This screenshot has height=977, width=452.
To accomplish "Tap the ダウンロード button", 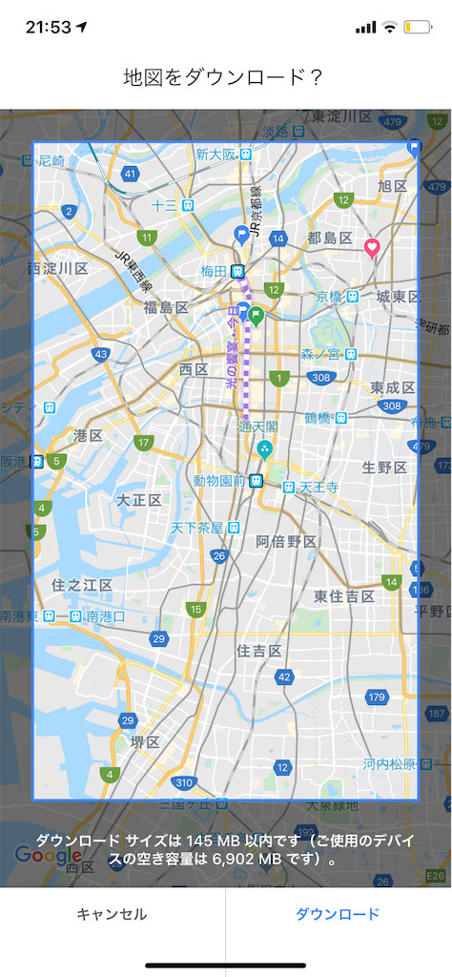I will point(338,914).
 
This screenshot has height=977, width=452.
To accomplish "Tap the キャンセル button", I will point(112,914).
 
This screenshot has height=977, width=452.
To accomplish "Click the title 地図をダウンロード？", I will point(225,78).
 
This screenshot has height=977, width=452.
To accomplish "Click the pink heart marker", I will point(372,248).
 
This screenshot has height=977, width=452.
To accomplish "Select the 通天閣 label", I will point(257,426).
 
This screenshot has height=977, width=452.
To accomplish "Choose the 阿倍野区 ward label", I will point(286,542).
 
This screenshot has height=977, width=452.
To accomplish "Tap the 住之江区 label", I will point(82,584).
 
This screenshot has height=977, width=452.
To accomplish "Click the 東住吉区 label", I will point(344,595).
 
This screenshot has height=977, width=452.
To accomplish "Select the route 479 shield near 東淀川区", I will point(392,121).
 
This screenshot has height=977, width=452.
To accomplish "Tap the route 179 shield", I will point(377,697).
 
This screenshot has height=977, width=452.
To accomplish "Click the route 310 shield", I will point(184,783).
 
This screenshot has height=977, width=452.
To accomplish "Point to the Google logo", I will point(48,856).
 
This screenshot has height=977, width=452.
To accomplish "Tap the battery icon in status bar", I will point(418,27).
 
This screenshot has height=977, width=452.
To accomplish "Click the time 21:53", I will point(49,27).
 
